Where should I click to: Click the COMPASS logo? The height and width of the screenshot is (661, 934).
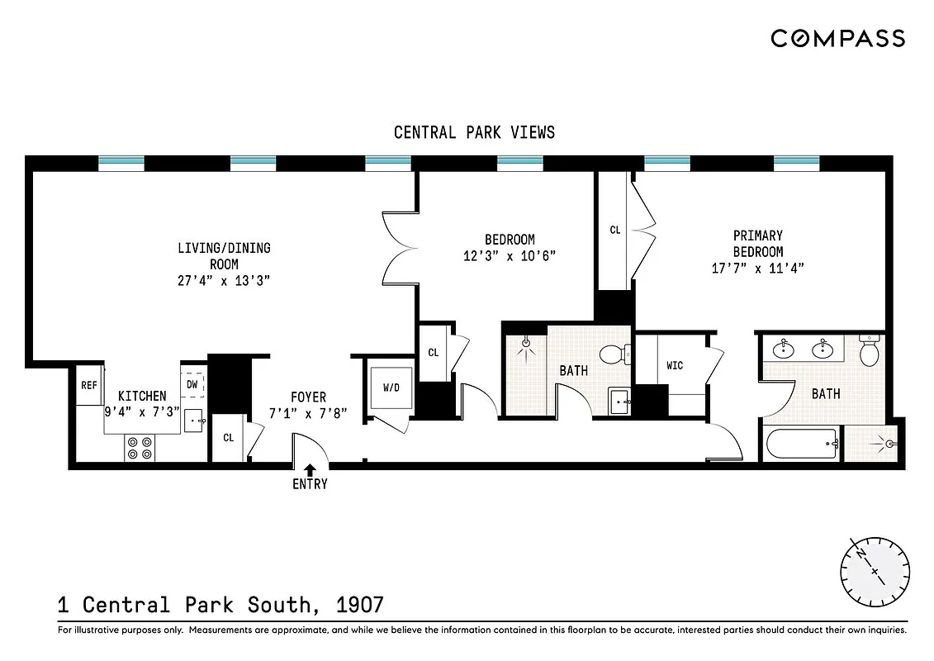[x=837, y=38]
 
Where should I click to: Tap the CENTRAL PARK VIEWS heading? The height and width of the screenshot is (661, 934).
[x=474, y=132]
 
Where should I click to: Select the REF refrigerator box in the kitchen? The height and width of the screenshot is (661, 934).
[x=88, y=386]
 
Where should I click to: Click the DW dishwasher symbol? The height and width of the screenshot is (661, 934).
[x=192, y=384]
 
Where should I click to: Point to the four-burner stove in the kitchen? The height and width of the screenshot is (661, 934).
[x=140, y=447]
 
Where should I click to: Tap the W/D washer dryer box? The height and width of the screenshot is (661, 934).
[x=391, y=388]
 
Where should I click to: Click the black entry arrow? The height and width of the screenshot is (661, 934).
[x=310, y=469]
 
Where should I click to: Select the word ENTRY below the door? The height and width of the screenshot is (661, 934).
[x=310, y=484]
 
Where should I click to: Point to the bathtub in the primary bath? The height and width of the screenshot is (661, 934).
[x=802, y=445]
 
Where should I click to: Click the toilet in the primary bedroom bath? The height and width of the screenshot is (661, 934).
[x=870, y=353]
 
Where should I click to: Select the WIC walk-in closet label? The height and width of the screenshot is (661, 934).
[x=675, y=365]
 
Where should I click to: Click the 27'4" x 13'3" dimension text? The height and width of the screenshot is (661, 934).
[x=224, y=281]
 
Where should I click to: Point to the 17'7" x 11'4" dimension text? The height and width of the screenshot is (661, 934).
[x=757, y=268]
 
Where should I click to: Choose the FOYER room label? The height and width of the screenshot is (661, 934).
[x=309, y=397]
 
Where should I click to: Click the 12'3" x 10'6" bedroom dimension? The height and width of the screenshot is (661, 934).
[x=510, y=255]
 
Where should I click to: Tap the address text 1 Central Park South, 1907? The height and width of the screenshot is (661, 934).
[x=220, y=605]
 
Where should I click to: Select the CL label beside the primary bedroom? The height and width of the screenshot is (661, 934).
[x=614, y=231]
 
